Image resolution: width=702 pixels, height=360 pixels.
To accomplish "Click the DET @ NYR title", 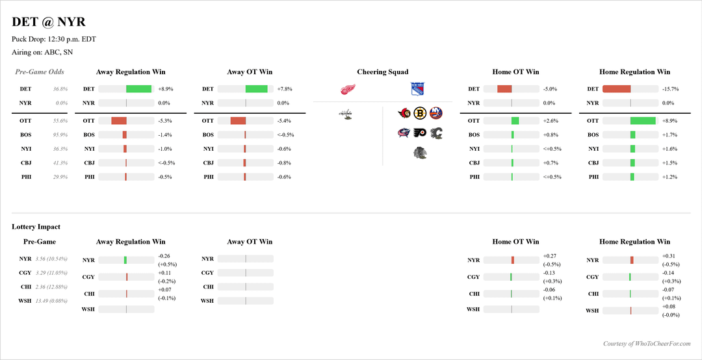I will [x=48, y=22].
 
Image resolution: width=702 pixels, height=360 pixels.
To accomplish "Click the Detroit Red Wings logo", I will [x=349, y=90].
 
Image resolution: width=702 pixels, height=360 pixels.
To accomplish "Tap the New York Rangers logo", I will [x=417, y=90].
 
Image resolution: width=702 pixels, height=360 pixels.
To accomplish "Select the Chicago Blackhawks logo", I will [x=420, y=153].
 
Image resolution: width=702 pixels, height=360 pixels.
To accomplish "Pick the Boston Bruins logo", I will [x=420, y=114].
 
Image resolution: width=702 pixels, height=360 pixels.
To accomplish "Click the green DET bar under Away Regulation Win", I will [x=138, y=89].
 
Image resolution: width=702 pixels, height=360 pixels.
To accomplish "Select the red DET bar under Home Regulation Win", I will [x=616, y=89].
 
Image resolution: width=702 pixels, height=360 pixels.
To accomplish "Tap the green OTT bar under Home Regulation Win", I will [x=642, y=121].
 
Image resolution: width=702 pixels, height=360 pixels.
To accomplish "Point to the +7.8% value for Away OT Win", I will [x=285, y=89].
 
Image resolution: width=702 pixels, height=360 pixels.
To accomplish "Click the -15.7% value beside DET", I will [x=670, y=89].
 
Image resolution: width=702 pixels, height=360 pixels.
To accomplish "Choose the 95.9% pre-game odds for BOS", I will [x=60, y=135].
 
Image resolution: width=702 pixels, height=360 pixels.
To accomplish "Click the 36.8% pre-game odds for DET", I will [x=60, y=89].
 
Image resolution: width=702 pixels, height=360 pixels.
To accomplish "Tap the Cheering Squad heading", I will [x=383, y=72].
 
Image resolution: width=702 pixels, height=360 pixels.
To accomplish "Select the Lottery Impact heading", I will [x=36, y=227].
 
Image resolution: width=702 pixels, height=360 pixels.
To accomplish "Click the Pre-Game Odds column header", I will [x=40, y=72].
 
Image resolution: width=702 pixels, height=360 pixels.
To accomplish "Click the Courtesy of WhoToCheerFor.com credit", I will [x=647, y=344].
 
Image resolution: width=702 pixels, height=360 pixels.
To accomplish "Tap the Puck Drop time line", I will [x=54, y=39].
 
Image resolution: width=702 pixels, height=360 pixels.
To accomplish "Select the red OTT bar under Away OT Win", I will [x=238, y=121].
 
